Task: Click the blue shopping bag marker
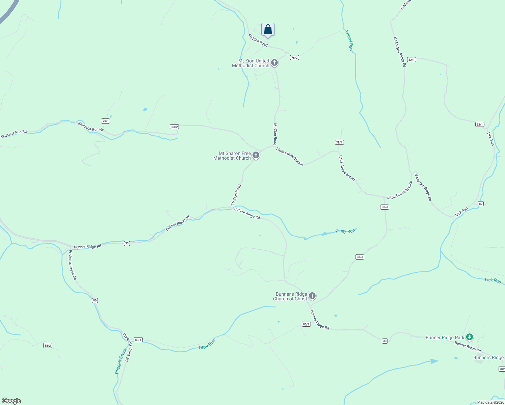(268, 30)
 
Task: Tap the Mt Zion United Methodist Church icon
(274, 63)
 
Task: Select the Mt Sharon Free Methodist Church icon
(256, 155)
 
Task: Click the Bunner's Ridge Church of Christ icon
(312, 296)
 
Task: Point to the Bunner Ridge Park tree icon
(469, 337)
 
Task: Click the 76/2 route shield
(294, 58)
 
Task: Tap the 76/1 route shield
(106, 121)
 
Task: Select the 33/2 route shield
(174, 127)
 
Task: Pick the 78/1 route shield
(339, 142)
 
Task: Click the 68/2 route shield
(48, 346)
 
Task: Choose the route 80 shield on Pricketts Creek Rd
(95, 300)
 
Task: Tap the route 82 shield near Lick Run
(481, 204)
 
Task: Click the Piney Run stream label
(345, 231)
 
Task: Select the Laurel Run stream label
(349, 40)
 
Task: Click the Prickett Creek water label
(121, 361)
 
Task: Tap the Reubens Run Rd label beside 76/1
(91, 127)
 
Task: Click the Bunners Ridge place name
(488, 358)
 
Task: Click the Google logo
(11, 401)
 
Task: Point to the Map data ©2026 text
(490, 402)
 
